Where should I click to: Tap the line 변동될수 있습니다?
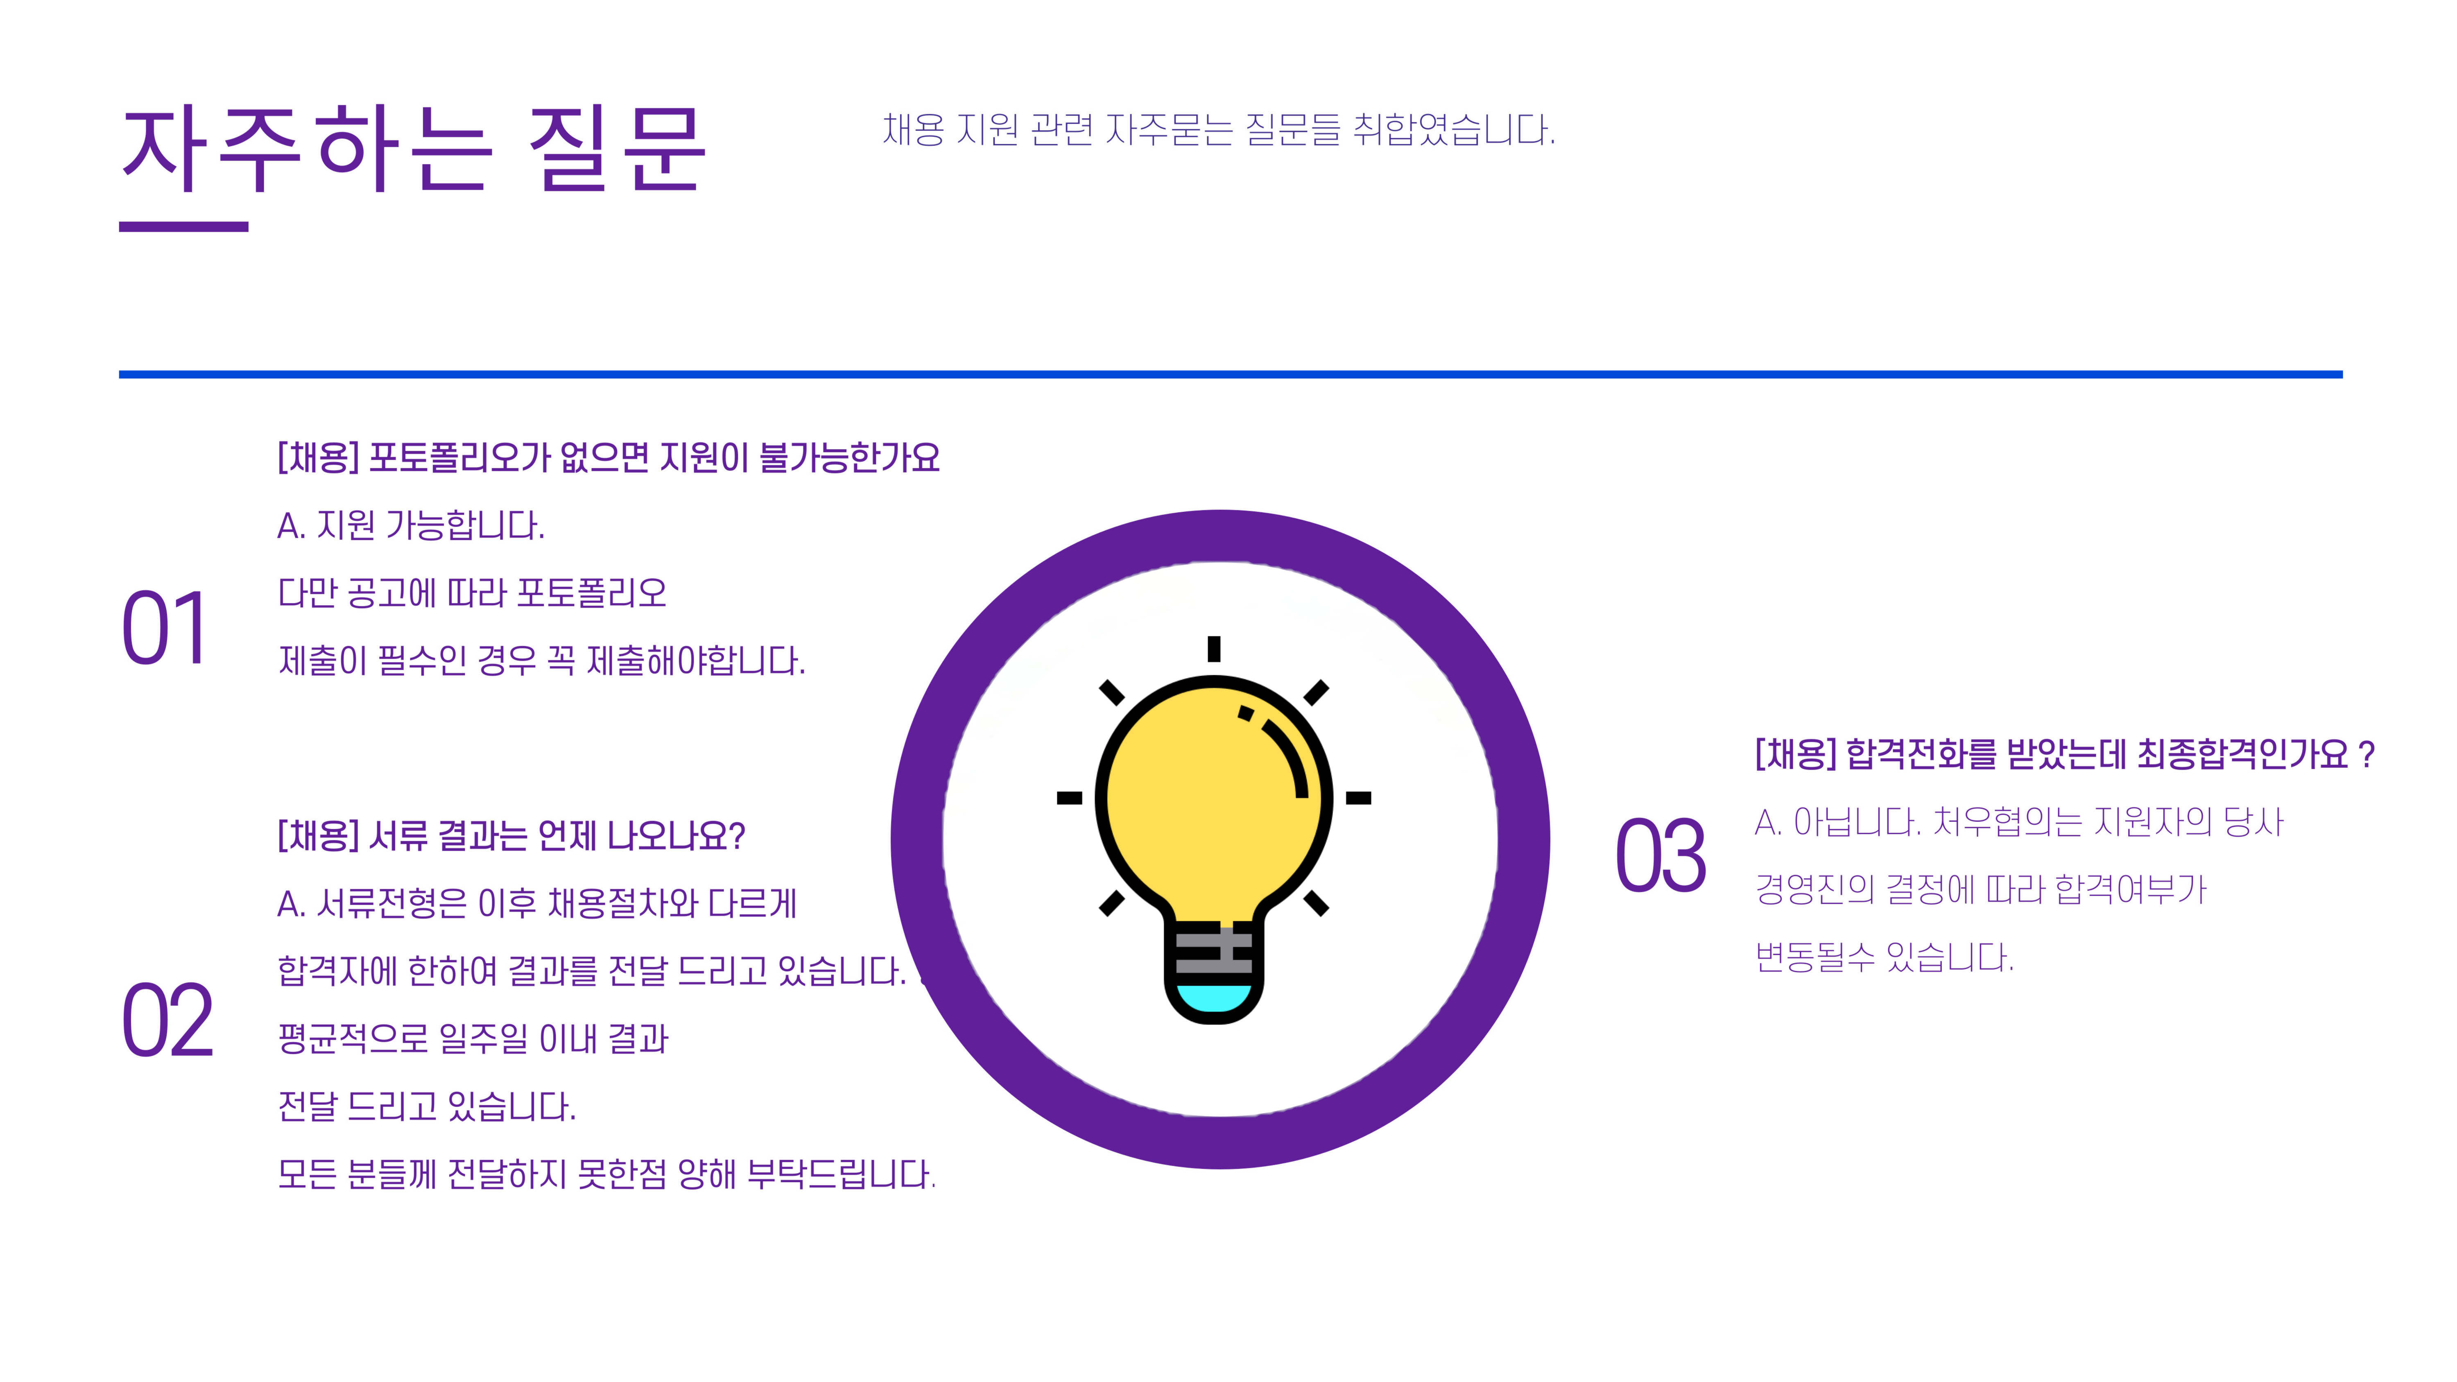[x=1885, y=957]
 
